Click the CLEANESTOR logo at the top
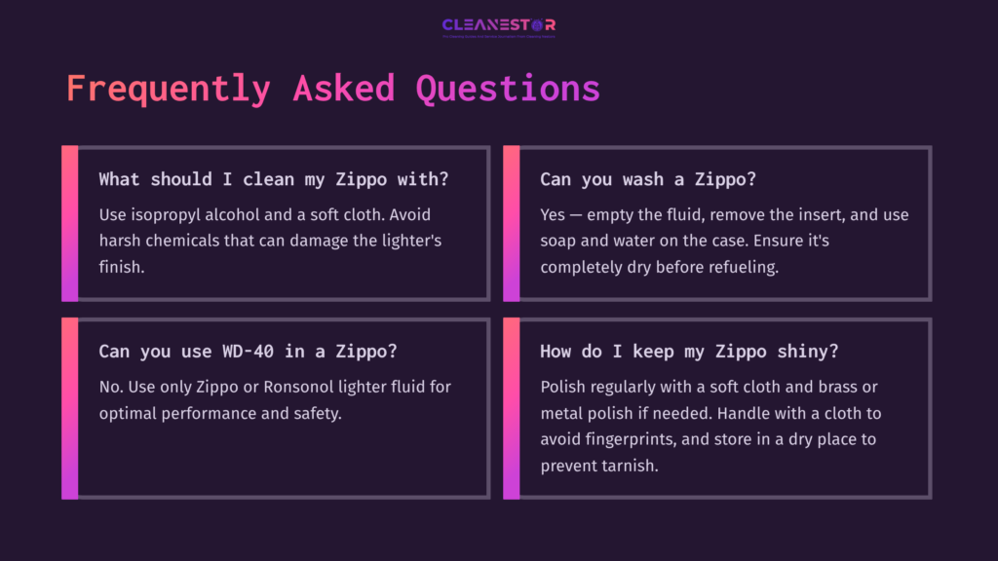pyautogui.click(x=498, y=25)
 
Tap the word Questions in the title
pyautogui.click(x=507, y=89)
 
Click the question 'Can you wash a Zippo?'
pyautogui.click(x=648, y=179)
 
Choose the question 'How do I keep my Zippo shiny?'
pyautogui.click(x=689, y=352)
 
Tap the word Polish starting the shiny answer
pyautogui.click(x=564, y=387)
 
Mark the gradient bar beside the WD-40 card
pyautogui.click(x=69, y=408)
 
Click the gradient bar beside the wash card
pyautogui.click(x=511, y=223)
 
